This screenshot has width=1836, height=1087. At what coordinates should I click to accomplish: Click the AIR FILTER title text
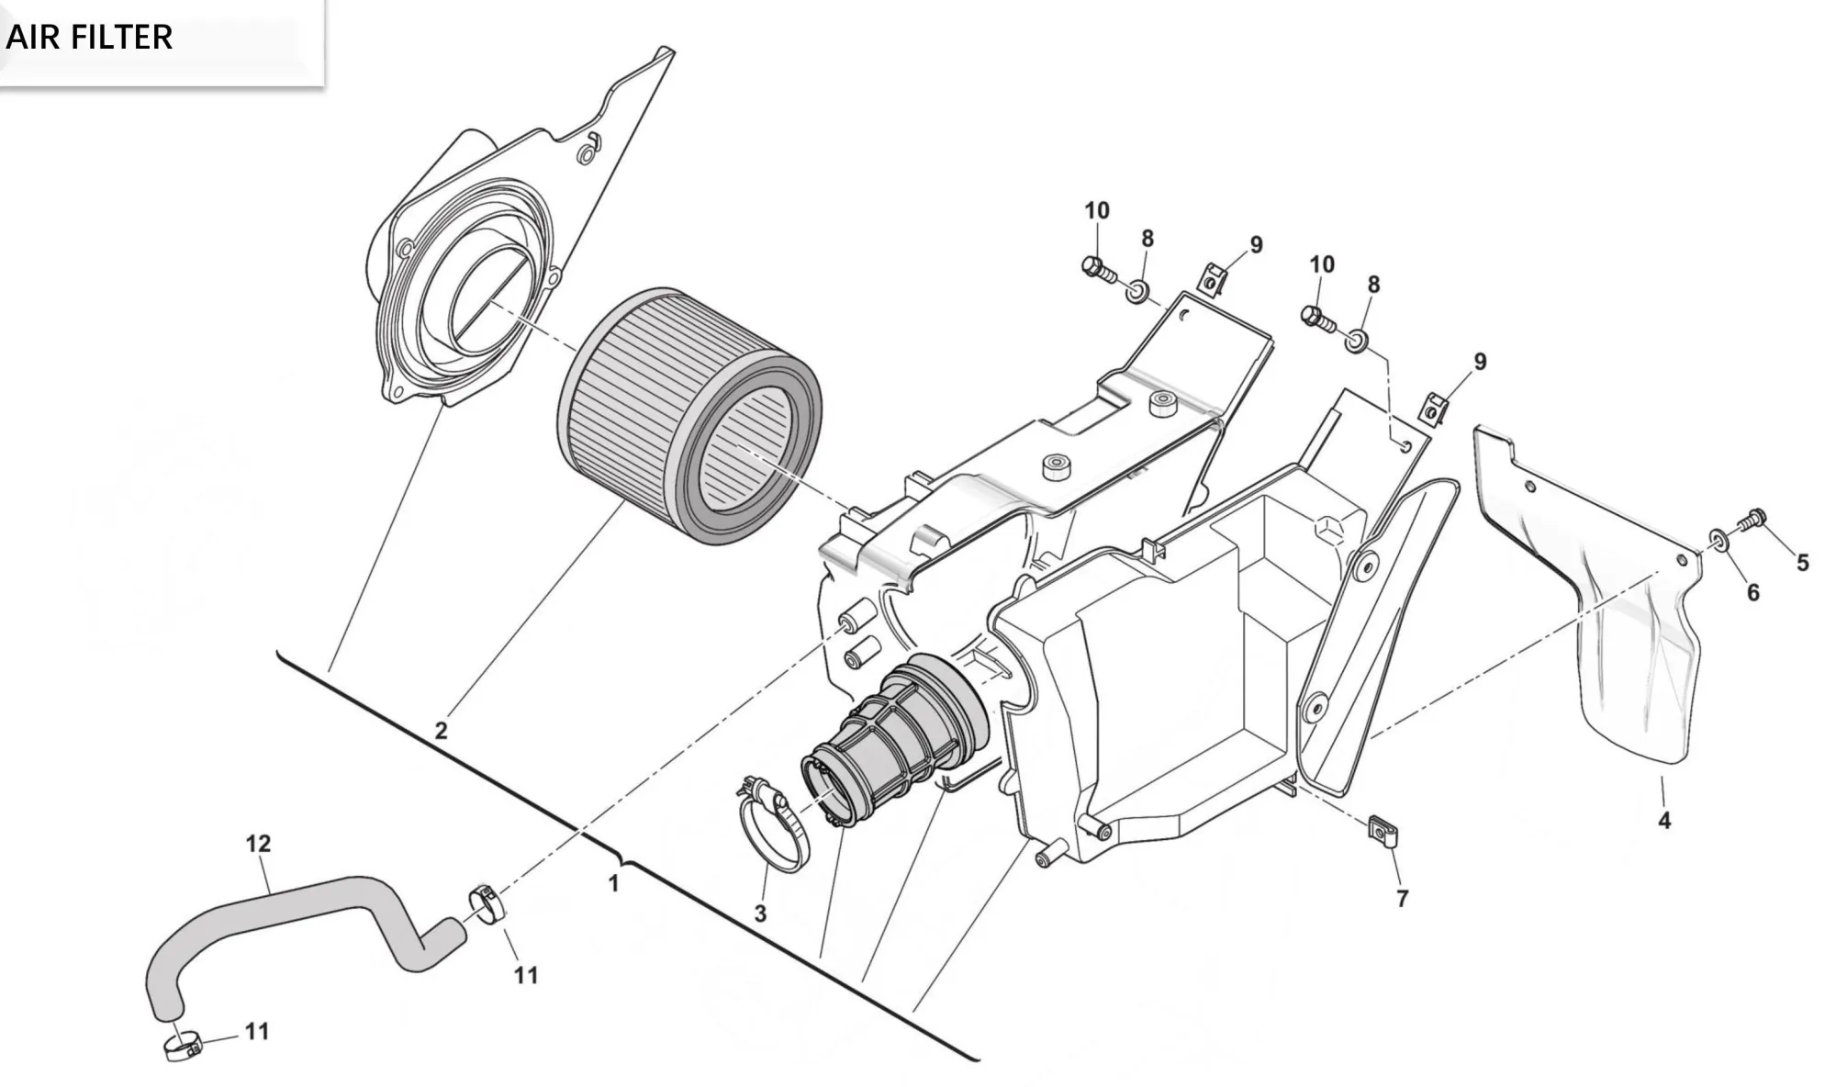coord(89,38)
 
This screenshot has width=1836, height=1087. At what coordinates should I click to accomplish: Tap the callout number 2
coord(442,731)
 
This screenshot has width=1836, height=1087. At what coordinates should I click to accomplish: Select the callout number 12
coord(258,843)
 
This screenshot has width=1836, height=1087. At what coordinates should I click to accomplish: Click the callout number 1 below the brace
coord(613,883)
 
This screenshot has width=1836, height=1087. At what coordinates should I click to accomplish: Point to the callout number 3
coord(760,913)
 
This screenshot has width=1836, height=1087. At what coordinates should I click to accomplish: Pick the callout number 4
coord(1664,821)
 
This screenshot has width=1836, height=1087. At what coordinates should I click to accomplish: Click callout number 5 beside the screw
coord(1803,563)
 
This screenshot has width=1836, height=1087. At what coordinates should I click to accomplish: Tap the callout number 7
coord(1402,899)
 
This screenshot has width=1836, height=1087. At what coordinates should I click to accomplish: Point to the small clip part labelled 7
coord(1383,830)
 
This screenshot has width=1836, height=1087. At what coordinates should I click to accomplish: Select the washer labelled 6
coord(1718,538)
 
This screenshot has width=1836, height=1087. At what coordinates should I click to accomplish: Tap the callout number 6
coord(1752,593)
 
